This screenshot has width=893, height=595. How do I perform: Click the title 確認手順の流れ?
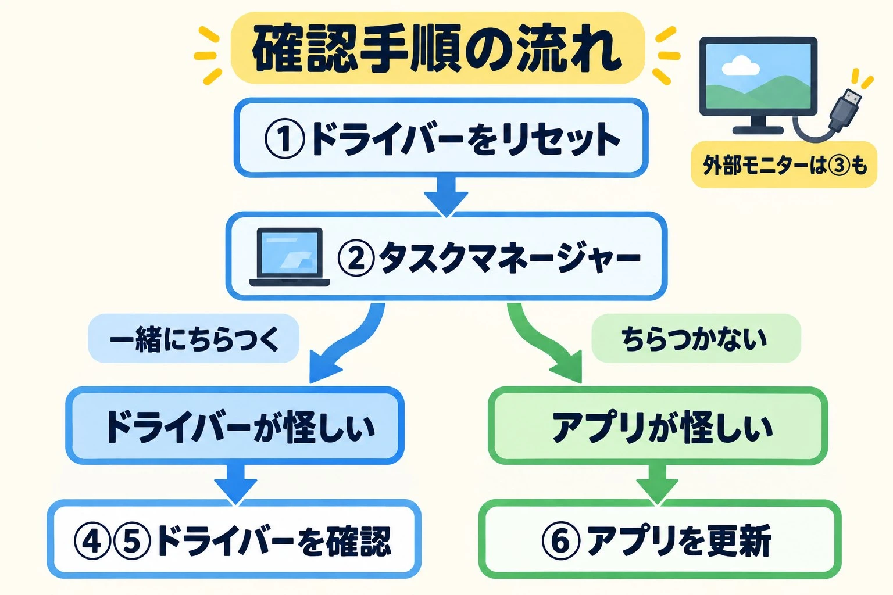click(437, 48)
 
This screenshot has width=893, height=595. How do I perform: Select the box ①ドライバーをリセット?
click(441, 138)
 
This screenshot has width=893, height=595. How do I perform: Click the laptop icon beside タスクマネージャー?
click(290, 257)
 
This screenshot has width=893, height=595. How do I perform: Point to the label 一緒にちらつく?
click(194, 338)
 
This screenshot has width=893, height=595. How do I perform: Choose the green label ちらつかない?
click(696, 338)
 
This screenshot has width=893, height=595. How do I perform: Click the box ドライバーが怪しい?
click(235, 425)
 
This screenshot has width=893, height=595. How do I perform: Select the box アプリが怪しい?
click(658, 426)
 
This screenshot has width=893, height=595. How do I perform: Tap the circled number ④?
click(92, 541)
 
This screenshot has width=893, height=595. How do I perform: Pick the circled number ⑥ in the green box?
click(560, 541)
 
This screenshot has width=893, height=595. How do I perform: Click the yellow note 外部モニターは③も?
click(784, 164)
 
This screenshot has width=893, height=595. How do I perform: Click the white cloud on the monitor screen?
click(741, 66)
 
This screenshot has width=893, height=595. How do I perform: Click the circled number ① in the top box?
click(285, 139)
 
